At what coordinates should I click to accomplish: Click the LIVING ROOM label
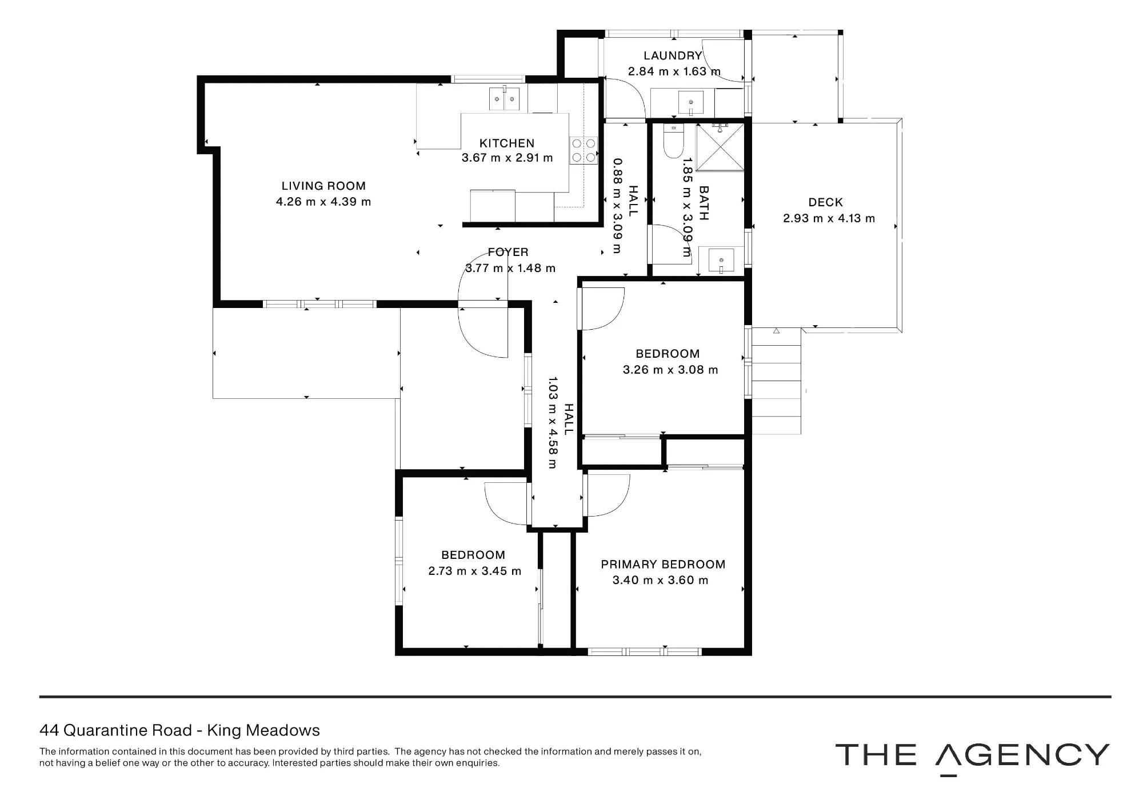coord(323,186)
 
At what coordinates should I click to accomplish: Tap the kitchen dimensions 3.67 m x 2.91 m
coord(507,158)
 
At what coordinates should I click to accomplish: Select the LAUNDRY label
coord(673,55)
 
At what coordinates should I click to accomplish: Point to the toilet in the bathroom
coord(673,141)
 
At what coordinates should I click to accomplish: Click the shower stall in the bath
coord(721,147)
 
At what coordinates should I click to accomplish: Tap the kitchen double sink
coord(104,99)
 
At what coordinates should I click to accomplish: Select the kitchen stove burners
coord(583,150)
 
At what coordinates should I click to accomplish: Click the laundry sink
coord(691,102)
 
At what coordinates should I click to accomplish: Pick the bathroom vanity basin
coord(721,261)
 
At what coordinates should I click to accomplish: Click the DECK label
coord(826,202)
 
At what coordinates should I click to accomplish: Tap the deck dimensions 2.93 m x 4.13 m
coord(829,218)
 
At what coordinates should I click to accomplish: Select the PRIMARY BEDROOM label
coord(663,565)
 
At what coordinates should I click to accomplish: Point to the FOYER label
coord(508,252)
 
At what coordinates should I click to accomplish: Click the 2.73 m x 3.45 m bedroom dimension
coord(475,571)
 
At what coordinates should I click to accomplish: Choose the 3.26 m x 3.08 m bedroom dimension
coord(670,370)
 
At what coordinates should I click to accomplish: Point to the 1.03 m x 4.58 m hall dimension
coord(552,422)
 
